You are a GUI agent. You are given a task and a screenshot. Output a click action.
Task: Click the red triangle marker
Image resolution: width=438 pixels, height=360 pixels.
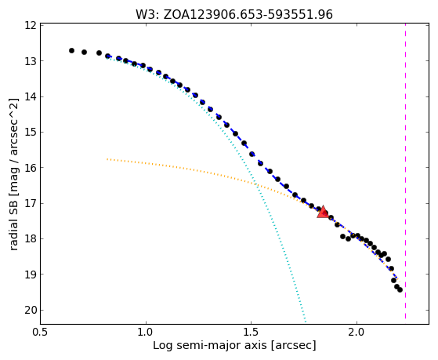point(323,212)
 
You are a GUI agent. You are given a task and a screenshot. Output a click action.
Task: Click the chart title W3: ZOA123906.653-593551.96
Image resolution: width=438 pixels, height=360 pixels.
point(234,14)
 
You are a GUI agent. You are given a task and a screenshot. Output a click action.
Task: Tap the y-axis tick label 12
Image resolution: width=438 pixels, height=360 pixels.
point(31,25)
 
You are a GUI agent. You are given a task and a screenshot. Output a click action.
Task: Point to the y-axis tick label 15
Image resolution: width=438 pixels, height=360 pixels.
point(31,132)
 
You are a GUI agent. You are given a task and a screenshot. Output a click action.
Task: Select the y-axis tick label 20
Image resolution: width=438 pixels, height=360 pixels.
point(31,311)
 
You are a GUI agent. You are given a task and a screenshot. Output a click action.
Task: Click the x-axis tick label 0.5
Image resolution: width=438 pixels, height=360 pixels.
point(41,332)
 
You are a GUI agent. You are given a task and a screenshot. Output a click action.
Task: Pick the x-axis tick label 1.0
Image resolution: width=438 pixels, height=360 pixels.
point(146,332)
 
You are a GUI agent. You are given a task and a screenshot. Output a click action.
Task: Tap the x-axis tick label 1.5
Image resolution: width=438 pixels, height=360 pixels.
point(252,332)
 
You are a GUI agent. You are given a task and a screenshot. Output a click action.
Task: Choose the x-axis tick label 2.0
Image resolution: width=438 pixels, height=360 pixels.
point(357,332)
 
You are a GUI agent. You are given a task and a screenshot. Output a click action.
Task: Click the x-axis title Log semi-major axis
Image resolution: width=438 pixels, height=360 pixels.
point(210,346)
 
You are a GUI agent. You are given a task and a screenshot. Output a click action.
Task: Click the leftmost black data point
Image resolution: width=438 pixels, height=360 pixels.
point(71,51)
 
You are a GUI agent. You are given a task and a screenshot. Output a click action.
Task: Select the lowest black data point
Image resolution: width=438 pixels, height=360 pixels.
point(400,289)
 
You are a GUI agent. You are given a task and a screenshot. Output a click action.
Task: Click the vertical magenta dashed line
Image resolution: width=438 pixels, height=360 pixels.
point(405,171)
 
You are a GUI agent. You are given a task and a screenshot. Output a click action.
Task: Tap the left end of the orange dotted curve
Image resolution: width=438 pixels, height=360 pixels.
point(107,159)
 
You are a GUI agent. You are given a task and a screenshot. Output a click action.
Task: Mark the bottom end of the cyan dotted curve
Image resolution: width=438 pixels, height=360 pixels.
point(306,322)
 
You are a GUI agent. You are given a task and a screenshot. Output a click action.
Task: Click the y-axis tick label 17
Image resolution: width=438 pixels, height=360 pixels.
point(31,203)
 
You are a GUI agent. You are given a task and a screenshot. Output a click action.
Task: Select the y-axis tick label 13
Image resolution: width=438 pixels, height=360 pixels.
point(31,61)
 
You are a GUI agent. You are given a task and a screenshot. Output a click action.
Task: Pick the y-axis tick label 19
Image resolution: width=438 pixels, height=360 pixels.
point(31,275)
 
